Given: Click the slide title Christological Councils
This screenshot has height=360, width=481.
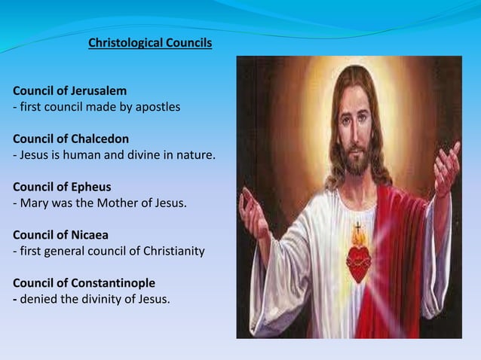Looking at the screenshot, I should click(150, 43).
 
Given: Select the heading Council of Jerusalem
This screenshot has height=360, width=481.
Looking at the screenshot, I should click(69, 92).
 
